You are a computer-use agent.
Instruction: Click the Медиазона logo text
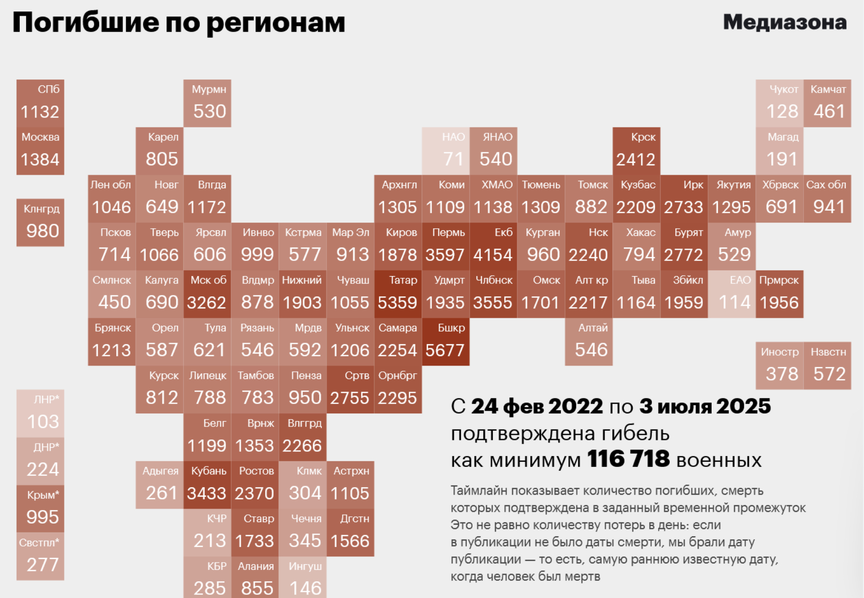[784, 22]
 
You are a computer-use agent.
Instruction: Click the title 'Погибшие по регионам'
[179, 22]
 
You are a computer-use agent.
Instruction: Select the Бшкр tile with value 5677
[446, 342]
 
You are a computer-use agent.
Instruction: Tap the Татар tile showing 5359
[398, 294]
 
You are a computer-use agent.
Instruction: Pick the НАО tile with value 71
[446, 151]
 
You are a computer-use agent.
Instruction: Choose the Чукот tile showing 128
[779, 103]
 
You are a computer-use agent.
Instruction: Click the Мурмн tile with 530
[207, 103]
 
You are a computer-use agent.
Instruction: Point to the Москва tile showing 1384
[40, 151]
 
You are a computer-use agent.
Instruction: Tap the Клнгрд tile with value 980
[40, 222]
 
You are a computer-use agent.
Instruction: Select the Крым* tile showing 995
[40, 509]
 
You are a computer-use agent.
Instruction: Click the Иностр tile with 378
[779, 366]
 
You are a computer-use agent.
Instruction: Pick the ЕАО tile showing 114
[732, 294]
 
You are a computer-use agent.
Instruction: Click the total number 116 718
[628, 460]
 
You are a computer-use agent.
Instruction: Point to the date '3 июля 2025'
[705, 407]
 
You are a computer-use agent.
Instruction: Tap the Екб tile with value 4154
[493, 246]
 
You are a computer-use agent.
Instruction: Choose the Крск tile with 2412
[636, 151]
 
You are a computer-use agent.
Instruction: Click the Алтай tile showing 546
[588, 342]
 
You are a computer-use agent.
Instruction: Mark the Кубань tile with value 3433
[207, 485]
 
